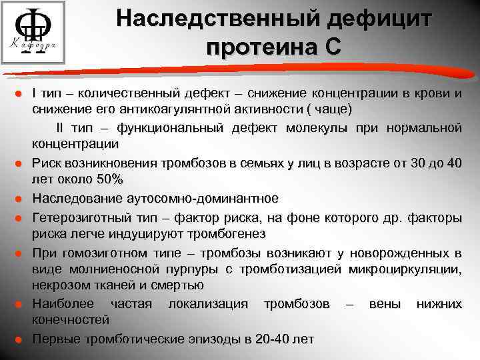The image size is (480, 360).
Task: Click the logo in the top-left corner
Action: tap(33, 31)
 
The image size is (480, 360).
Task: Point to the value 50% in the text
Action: tap(109, 179)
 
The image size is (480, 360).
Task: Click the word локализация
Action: tap(207, 304)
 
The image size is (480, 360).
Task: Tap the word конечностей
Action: tap(64, 319)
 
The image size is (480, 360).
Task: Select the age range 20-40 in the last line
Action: tap(272, 338)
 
